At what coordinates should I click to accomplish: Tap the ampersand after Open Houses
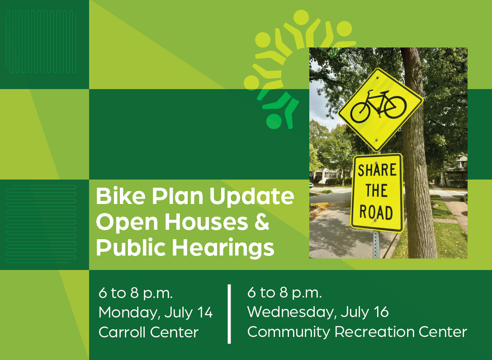(261, 222)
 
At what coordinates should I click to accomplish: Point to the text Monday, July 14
(156, 313)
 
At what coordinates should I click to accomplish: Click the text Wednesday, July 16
(318, 312)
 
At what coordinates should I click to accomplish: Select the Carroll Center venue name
(148, 332)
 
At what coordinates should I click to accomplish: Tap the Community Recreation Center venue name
(357, 332)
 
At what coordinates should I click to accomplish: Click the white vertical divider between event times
(230, 313)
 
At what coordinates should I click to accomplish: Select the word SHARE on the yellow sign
(377, 171)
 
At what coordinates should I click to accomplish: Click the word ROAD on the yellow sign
(376, 212)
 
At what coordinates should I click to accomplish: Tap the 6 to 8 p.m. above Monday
(136, 293)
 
